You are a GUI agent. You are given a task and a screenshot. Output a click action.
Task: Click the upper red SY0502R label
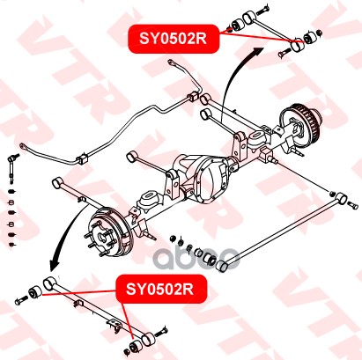click(174, 39)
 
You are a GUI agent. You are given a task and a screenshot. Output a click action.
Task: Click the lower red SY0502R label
click(161, 290)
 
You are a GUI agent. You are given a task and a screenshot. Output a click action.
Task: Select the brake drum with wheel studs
click(110, 231)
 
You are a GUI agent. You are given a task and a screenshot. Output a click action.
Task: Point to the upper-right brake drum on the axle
click(299, 124)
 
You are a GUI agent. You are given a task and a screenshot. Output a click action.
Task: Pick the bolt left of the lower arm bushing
click(21, 300)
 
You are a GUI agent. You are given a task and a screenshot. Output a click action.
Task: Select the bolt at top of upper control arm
click(263, 11)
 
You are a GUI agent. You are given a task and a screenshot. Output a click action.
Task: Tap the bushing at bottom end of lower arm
click(136, 346)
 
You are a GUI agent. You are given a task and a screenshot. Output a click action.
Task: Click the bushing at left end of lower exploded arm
click(36, 291)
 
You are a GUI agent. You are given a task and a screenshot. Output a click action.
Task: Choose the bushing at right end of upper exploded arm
click(309, 37)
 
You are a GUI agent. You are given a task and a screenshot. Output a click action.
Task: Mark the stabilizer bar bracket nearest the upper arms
click(192, 97)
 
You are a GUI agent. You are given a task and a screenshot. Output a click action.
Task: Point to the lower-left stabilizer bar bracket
click(83, 158)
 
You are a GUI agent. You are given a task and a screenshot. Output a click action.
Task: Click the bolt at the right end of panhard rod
click(353, 205)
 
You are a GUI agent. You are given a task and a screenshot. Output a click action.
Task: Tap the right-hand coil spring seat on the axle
click(257, 138)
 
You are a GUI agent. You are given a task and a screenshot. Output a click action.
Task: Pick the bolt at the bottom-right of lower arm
click(160, 332)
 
